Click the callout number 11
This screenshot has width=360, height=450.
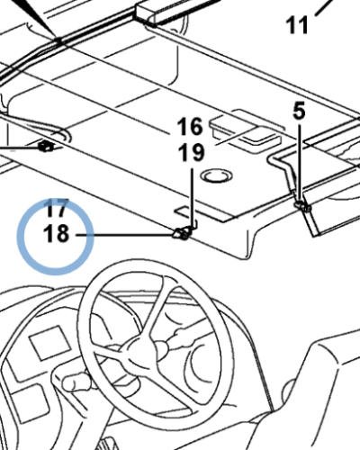[x=297, y=25]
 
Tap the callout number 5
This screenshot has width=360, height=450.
[x=299, y=111]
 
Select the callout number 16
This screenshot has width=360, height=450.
[x=190, y=127]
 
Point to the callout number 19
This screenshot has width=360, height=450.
[x=191, y=152]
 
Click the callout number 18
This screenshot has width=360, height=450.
[x=57, y=234]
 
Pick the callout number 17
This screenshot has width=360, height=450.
[x=57, y=208]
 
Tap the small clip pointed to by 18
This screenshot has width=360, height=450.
[x=182, y=233]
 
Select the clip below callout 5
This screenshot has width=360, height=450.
[x=302, y=206]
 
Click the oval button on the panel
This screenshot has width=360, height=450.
[x=217, y=175]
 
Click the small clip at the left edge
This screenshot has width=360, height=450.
[x=46, y=147]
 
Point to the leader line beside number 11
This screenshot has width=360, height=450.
[x=325, y=7]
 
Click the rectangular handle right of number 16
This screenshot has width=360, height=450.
[x=246, y=132]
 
